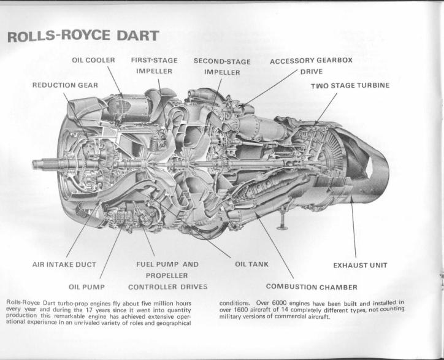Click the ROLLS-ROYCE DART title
point(83,36)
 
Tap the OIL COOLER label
point(93,60)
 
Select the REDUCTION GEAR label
point(65,85)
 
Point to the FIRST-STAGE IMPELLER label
point(154,66)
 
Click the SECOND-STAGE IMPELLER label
point(222,67)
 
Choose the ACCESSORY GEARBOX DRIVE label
point(311,66)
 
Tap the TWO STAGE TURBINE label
point(350,85)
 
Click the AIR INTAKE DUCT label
point(64,264)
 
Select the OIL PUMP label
point(86,287)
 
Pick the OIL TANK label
point(251,264)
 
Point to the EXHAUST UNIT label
point(360,266)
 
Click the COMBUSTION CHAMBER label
point(312,287)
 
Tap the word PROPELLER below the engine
point(167,275)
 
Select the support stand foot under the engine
point(282,227)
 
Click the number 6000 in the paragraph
point(279,303)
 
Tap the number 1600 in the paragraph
point(240,310)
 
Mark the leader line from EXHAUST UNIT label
point(353,227)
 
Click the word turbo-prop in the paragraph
point(68,304)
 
